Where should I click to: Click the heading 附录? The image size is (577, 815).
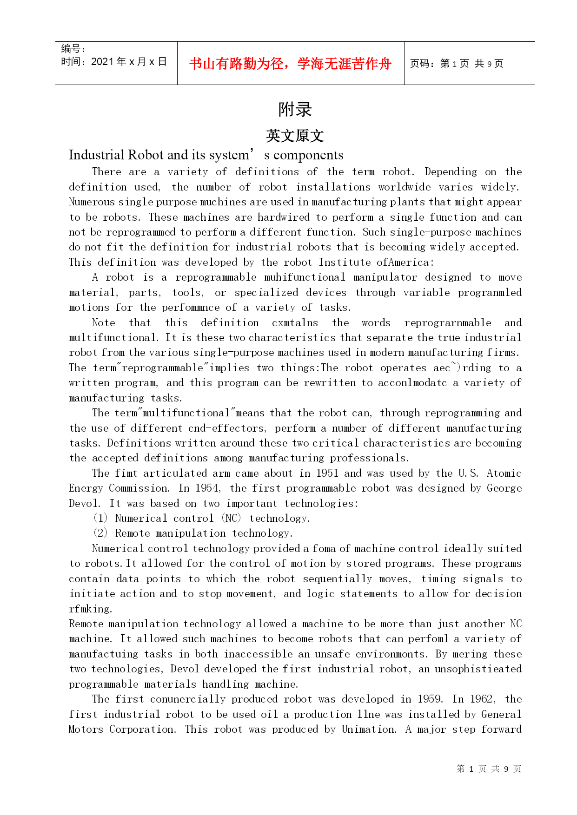(295, 110)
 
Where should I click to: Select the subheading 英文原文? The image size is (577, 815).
(295, 136)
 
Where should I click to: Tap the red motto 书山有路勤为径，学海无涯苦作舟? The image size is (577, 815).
(290, 64)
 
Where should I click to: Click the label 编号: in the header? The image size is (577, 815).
(73, 49)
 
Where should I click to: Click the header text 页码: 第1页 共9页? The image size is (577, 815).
(456, 64)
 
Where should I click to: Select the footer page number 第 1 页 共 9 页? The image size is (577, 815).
(489, 769)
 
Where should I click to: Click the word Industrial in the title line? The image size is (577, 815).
(96, 155)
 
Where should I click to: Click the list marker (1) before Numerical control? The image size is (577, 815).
(100, 518)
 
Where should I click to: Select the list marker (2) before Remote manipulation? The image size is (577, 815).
(100, 533)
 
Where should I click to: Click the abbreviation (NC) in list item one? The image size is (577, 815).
(231, 518)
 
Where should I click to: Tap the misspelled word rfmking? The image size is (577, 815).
(90, 609)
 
